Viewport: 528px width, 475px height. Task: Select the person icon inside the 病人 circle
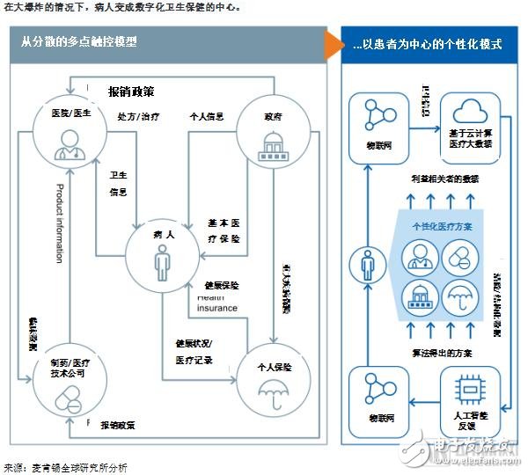point(161,261)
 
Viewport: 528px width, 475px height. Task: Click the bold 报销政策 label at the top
point(132,91)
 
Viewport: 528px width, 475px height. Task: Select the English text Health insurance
point(216,303)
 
